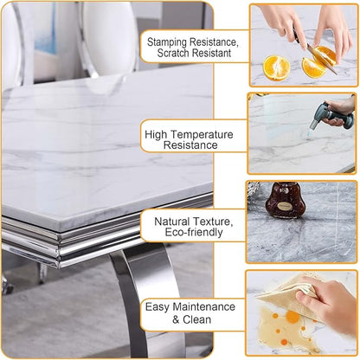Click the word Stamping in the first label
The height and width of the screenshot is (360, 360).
(166, 42)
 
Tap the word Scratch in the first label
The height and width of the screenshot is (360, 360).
(173, 53)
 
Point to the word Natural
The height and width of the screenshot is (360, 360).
(172, 222)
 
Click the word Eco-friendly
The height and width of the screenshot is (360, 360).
(194, 232)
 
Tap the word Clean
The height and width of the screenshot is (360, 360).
(197, 319)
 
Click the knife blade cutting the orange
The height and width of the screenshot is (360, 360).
(322, 59)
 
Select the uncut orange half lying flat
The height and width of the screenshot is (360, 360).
(276, 67)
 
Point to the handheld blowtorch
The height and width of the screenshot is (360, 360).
(331, 115)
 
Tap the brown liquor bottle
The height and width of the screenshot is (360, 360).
(285, 201)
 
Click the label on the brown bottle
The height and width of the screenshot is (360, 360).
(286, 207)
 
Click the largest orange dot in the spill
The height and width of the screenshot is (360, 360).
(292, 317)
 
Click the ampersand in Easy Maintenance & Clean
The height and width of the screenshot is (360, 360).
(176, 319)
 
